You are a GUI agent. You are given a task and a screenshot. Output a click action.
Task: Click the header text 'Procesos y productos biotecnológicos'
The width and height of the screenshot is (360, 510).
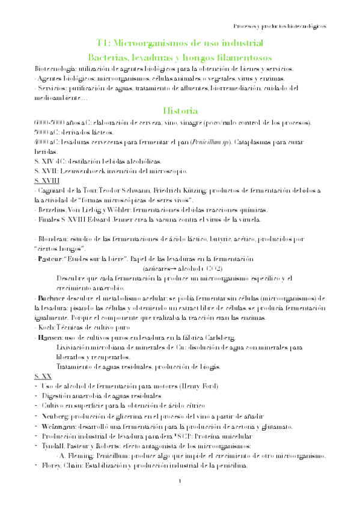point(280,27)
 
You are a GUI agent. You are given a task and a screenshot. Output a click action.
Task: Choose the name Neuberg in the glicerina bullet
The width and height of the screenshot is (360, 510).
point(55,417)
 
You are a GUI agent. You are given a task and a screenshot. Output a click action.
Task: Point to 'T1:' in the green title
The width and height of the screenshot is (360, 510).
point(105,43)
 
